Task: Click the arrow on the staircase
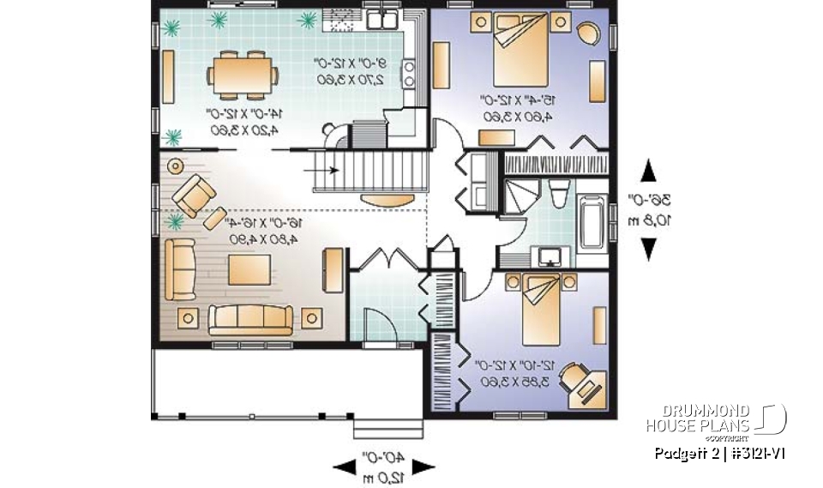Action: [x=326, y=169]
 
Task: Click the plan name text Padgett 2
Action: [x=680, y=452]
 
